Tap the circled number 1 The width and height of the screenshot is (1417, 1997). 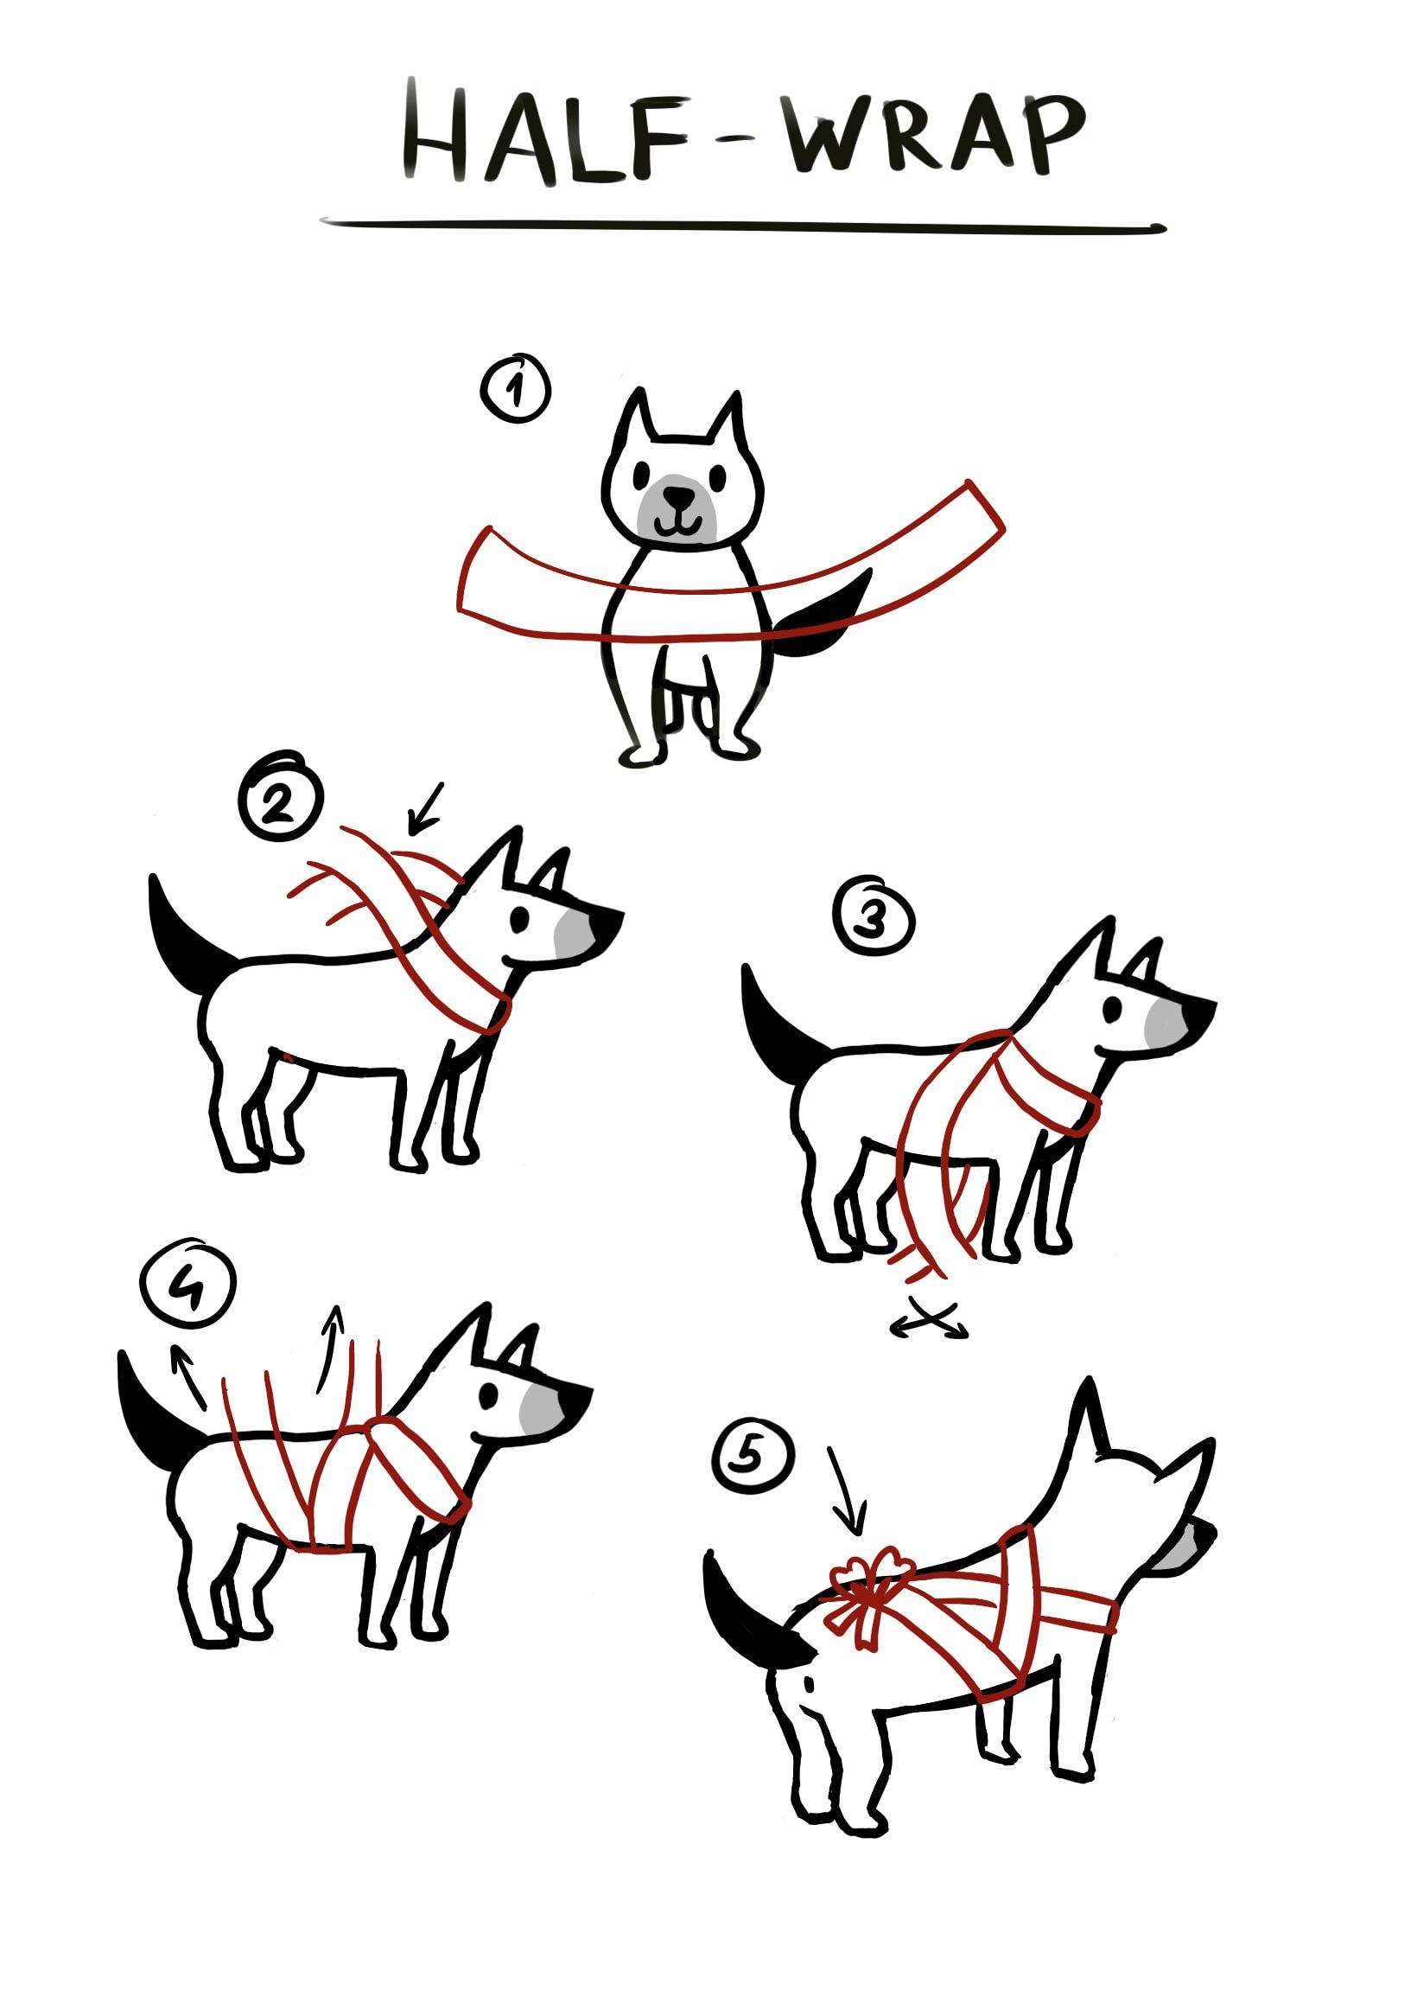(516, 389)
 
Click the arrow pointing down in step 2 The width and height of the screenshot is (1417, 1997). (426, 807)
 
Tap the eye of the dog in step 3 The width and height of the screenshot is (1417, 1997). (1115, 1011)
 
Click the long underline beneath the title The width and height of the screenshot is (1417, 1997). (741, 226)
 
